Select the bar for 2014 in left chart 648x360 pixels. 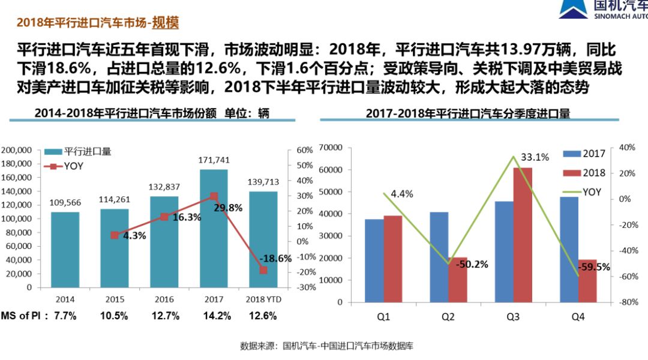(x=65, y=250)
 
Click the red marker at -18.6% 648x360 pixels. (x=263, y=270)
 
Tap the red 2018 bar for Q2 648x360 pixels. (x=457, y=280)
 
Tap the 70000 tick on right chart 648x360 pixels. (x=331, y=148)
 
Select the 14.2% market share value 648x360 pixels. (x=217, y=316)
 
